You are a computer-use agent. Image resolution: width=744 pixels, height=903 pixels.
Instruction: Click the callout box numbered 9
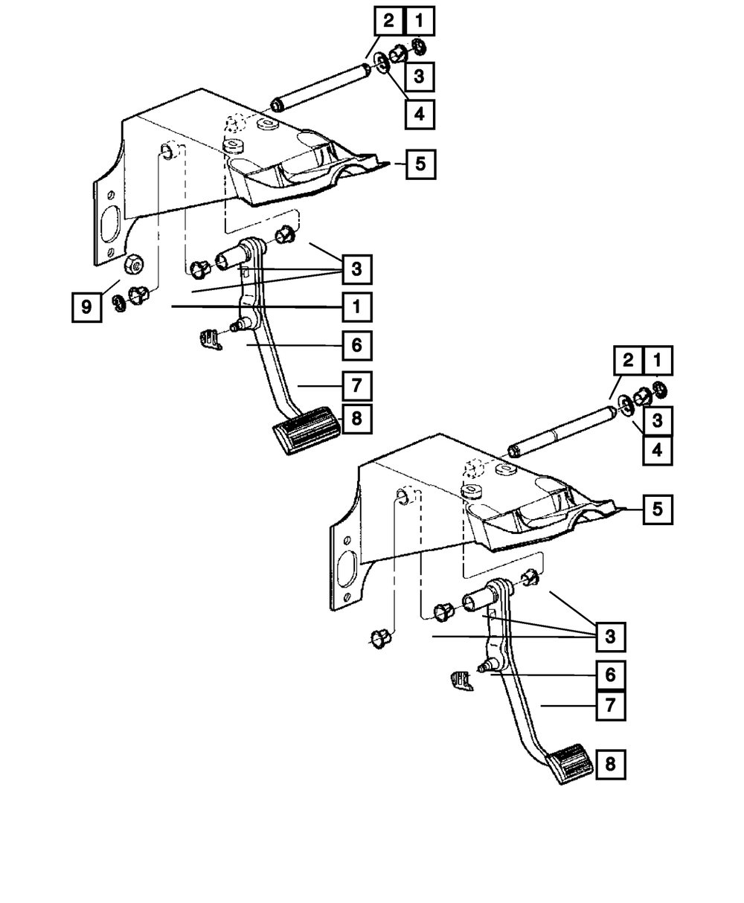(87, 306)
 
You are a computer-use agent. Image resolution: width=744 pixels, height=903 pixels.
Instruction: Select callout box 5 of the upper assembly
(420, 164)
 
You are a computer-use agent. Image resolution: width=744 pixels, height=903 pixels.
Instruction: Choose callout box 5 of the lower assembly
(658, 510)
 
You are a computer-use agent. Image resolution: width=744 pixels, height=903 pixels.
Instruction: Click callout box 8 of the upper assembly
(356, 418)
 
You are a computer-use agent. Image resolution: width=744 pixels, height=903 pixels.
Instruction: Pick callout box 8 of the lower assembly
(610, 765)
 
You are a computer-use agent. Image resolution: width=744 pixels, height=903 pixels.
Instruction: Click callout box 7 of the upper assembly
(356, 386)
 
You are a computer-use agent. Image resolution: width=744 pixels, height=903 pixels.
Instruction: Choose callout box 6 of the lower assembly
(610, 675)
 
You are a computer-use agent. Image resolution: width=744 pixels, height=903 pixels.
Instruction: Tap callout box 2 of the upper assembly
(388, 22)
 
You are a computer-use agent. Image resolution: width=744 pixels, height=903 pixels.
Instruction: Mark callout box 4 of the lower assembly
(658, 450)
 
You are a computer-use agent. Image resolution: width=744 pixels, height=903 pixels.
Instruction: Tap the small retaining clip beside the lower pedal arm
(462, 680)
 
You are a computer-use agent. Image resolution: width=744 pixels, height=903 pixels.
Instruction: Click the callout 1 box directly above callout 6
(356, 306)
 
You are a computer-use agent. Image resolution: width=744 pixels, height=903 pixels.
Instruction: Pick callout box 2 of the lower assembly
(628, 361)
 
